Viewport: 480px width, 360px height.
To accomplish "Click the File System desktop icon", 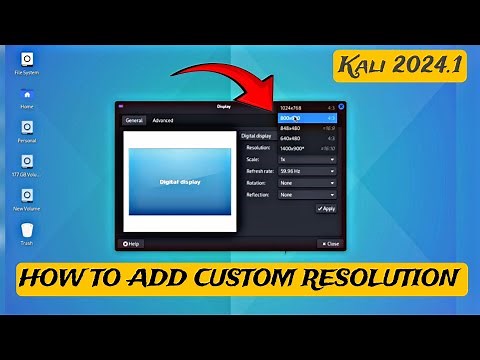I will pyautogui.click(x=25, y=60).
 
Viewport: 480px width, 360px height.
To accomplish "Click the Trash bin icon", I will pyautogui.click(x=25, y=232).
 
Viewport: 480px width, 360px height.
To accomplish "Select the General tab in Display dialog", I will pyautogui.click(x=134, y=120).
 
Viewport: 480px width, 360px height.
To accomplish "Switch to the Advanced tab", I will pyautogui.click(x=162, y=120).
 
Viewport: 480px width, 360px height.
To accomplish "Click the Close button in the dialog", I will pyautogui.click(x=330, y=243).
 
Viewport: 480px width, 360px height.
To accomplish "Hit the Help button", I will pyautogui.click(x=131, y=243).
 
